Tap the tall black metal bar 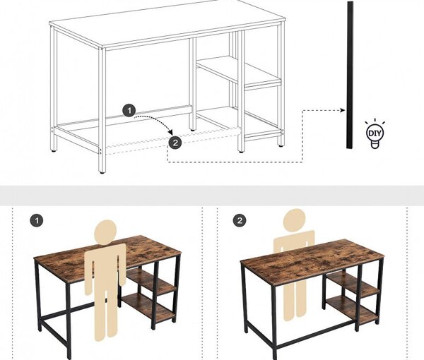(x=350, y=75)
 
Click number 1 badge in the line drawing (x=129, y=110)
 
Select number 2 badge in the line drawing (x=175, y=143)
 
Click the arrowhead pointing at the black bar (x=343, y=110)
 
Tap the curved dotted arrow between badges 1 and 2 (x=157, y=121)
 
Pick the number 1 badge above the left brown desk (x=37, y=221)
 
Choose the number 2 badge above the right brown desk (x=240, y=221)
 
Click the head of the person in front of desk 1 (x=105, y=232)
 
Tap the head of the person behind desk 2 (x=295, y=220)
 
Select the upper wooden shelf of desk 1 (x=151, y=282)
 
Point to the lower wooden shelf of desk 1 (x=148, y=307)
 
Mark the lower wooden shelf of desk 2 (x=351, y=308)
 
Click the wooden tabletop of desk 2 (x=312, y=261)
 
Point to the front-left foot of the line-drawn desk (x=102, y=172)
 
